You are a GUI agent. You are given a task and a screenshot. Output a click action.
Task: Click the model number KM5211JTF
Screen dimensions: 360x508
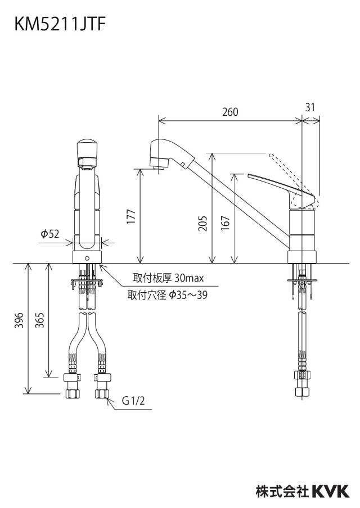[x=60, y=24]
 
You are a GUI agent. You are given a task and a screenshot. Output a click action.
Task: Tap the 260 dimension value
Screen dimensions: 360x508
[x=230, y=112]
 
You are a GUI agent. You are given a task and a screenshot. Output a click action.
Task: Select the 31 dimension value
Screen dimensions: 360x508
[x=310, y=107]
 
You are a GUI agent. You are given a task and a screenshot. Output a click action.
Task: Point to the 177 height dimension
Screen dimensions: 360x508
[x=131, y=216]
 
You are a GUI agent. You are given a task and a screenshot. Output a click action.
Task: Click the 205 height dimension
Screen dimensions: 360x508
[x=202, y=223]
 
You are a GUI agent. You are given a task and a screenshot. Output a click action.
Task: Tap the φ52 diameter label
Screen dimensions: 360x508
[x=49, y=234]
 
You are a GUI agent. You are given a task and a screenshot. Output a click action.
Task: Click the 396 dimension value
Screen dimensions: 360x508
[x=20, y=320]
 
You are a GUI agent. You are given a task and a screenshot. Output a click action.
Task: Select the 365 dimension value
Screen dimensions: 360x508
[x=39, y=320]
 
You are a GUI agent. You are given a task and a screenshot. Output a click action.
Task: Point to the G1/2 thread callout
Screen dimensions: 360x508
[x=133, y=401]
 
